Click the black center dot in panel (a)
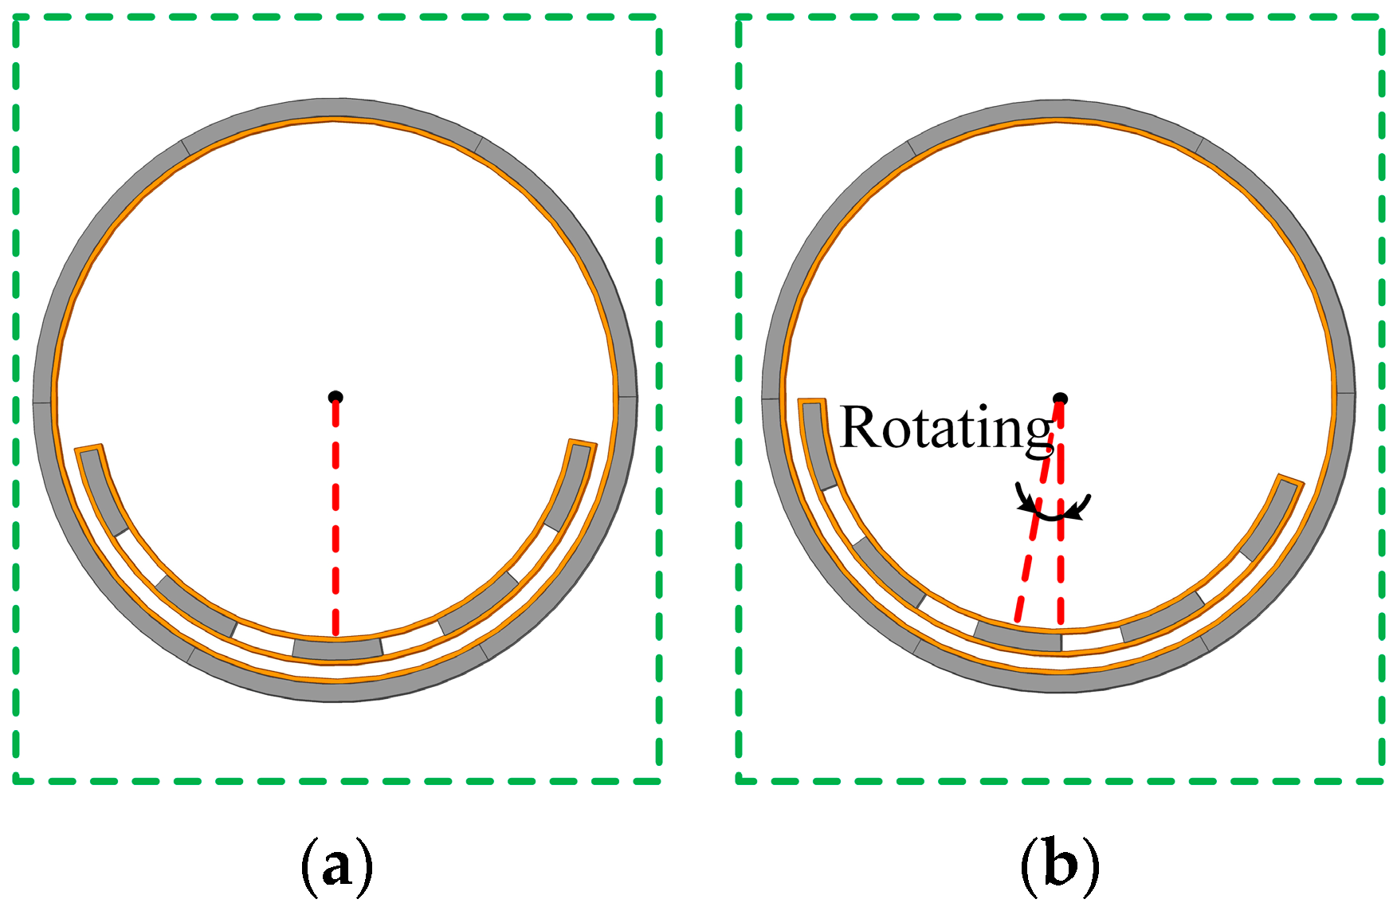[x=336, y=397]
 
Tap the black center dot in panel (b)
[x=1060, y=399]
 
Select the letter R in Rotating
[x=859, y=427]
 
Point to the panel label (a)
[x=336, y=865]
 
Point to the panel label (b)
[x=1059, y=865]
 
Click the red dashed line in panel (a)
[x=336, y=518]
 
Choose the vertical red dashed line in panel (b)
[x=1061, y=558]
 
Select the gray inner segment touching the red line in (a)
[x=337, y=648]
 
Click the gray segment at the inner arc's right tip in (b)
[x=1271, y=518]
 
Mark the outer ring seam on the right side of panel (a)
[x=626, y=396]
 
